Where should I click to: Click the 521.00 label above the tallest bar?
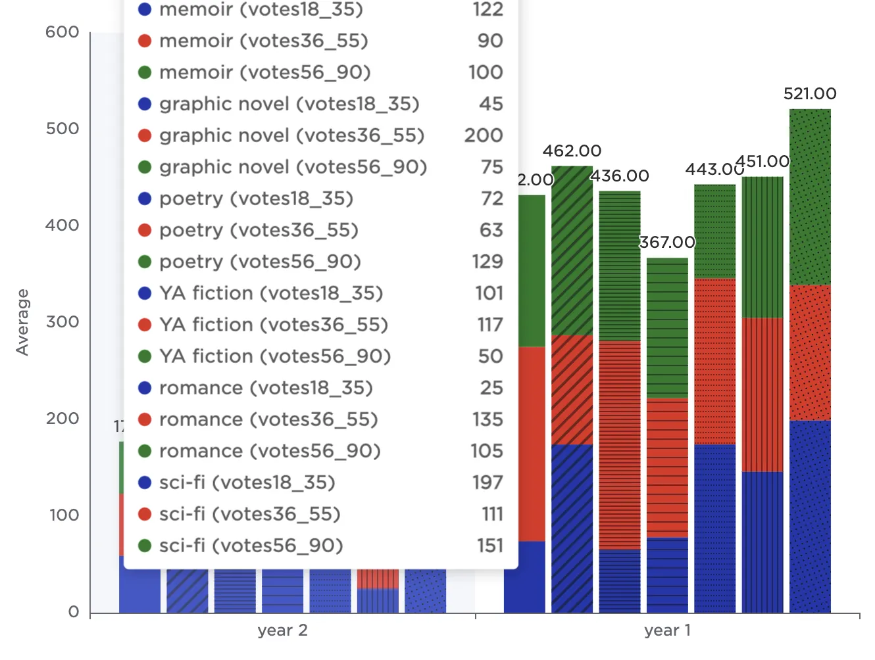tap(809, 94)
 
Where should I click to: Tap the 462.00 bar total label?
tap(572, 151)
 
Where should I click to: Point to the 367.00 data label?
tap(667, 243)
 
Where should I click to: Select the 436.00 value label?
tap(619, 176)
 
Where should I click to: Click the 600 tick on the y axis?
tap(63, 32)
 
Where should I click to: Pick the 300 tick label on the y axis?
tap(63, 321)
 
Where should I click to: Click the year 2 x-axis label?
tap(282, 630)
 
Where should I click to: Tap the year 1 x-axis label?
tap(667, 630)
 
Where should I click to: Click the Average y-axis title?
tap(23, 322)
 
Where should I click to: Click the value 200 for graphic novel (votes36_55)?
tap(484, 135)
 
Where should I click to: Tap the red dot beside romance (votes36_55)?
tap(145, 419)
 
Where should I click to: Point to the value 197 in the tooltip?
tap(488, 483)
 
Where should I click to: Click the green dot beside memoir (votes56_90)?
tap(145, 72)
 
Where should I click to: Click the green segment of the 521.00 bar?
tap(810, 197)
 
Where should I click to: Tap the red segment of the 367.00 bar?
tap(667, 467)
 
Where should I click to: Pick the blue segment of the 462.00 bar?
tap(572, 529)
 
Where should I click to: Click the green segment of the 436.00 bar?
tap(619, 266)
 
